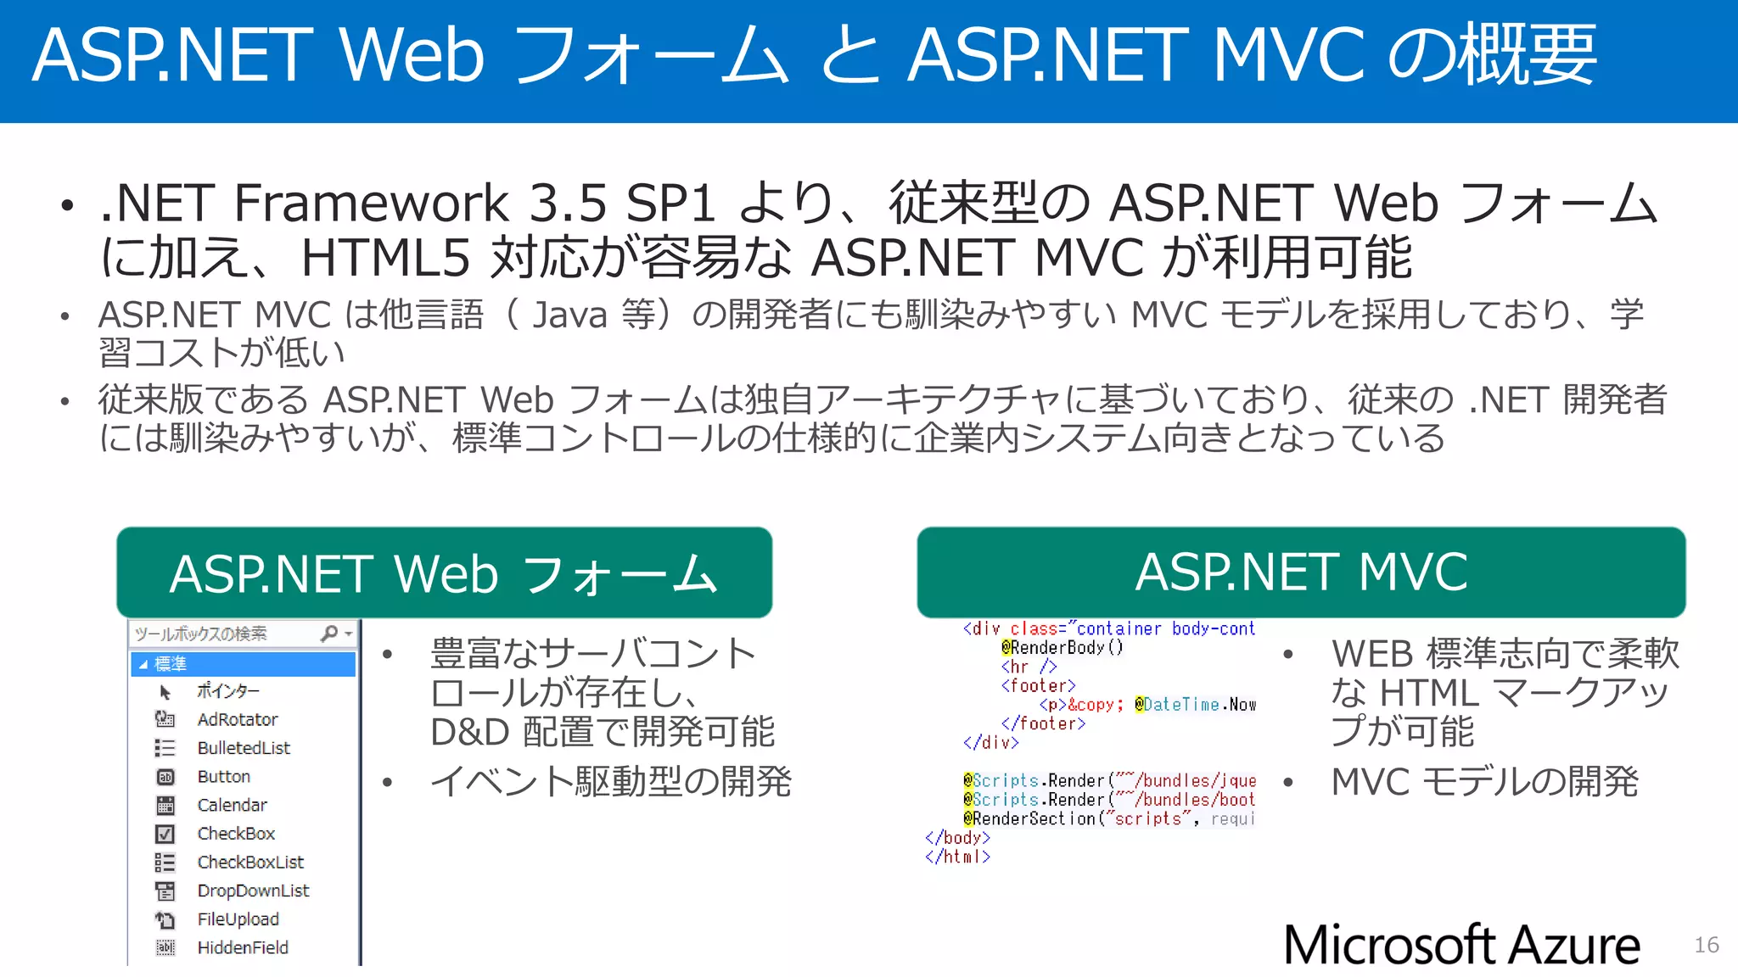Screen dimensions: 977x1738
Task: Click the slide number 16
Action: click(1706, 945)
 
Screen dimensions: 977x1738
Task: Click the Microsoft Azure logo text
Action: click(1461, 945)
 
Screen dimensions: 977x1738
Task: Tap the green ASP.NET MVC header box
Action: click(1301, 572)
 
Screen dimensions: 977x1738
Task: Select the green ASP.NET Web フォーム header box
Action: click(444, 573)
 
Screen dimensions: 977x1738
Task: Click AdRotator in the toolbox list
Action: click(237, 719)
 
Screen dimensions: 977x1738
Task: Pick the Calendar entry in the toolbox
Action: click(232, 805)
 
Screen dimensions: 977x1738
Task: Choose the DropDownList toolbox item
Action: click(253, 890)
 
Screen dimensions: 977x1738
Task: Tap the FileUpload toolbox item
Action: click(238, 919)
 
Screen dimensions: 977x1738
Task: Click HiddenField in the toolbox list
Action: click(242, 947)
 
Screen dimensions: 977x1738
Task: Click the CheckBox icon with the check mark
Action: click(165, 834)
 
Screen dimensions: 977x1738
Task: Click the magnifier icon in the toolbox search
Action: click(329, 634)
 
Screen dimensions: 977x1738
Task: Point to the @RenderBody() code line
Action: click(1062, 647)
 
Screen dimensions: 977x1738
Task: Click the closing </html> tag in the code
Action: click(957, 857)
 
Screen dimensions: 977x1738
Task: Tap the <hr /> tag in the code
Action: click(1028, 667)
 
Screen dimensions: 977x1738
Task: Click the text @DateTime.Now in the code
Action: click(1195, 705)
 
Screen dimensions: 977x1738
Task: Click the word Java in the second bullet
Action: click(569, 315)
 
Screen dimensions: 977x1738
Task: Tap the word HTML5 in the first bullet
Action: click(385, 258)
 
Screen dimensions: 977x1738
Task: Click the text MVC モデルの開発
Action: click(1484, 782)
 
